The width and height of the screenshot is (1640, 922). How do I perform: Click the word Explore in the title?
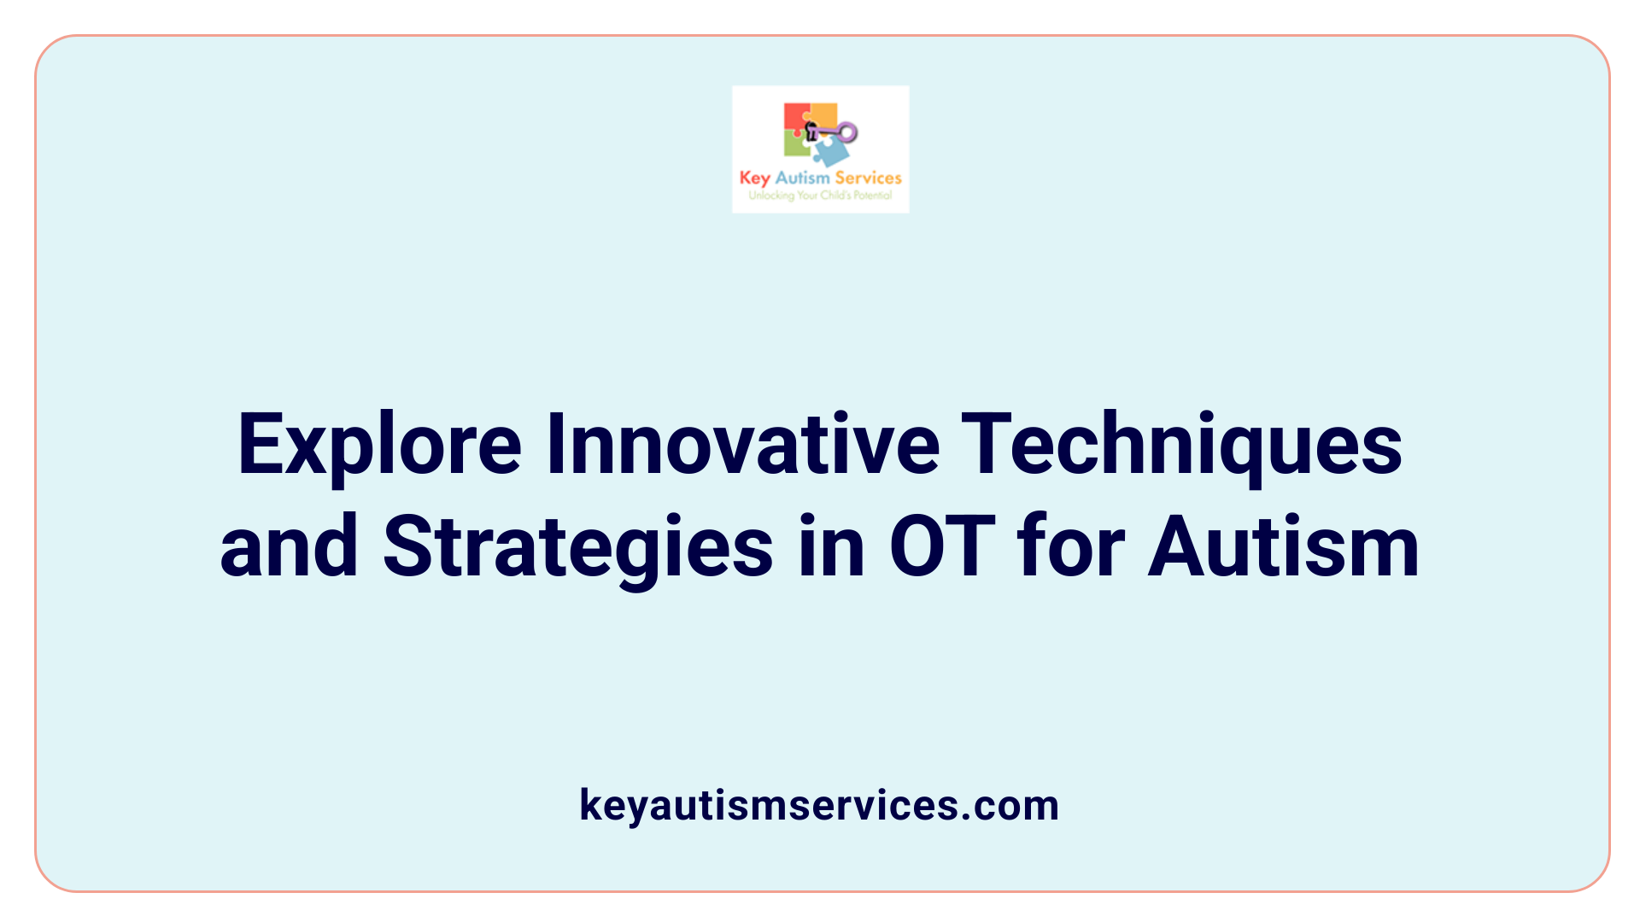(379, 445)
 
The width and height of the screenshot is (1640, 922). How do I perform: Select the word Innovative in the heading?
(742, 445)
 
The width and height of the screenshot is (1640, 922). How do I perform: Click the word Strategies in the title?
(577, 547)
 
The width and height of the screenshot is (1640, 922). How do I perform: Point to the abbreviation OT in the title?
(942, 547)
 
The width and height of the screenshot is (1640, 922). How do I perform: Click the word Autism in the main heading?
(1283, 547)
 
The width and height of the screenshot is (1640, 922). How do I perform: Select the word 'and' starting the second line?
(289, 547)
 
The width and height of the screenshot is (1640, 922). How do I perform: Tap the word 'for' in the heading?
(1071, 547)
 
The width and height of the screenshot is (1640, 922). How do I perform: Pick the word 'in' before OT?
(832, 547)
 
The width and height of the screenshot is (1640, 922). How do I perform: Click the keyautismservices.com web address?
(819, 805)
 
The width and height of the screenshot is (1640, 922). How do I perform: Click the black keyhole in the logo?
(811, 131)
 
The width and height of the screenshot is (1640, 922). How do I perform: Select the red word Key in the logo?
(754, 178)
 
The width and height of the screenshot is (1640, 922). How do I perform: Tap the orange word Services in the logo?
(868, 178)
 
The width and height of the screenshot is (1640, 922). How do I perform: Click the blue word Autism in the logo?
(802, 178)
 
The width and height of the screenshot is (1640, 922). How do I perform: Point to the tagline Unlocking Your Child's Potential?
(820, 195)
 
